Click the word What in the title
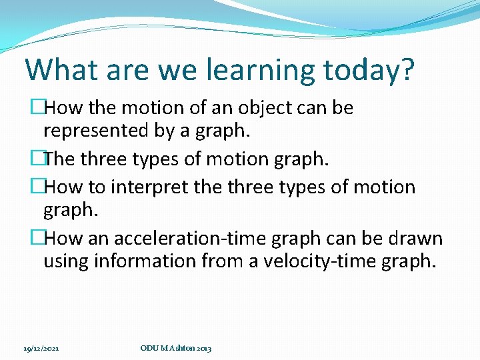point(59,69)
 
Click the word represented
point(95,131)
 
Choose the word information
point(147,261)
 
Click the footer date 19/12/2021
point(41,348)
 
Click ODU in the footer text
point(148,348)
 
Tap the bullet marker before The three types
point(37,159)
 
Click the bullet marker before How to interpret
point(37,187)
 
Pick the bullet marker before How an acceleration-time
point(37,238)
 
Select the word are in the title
point(116,70)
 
